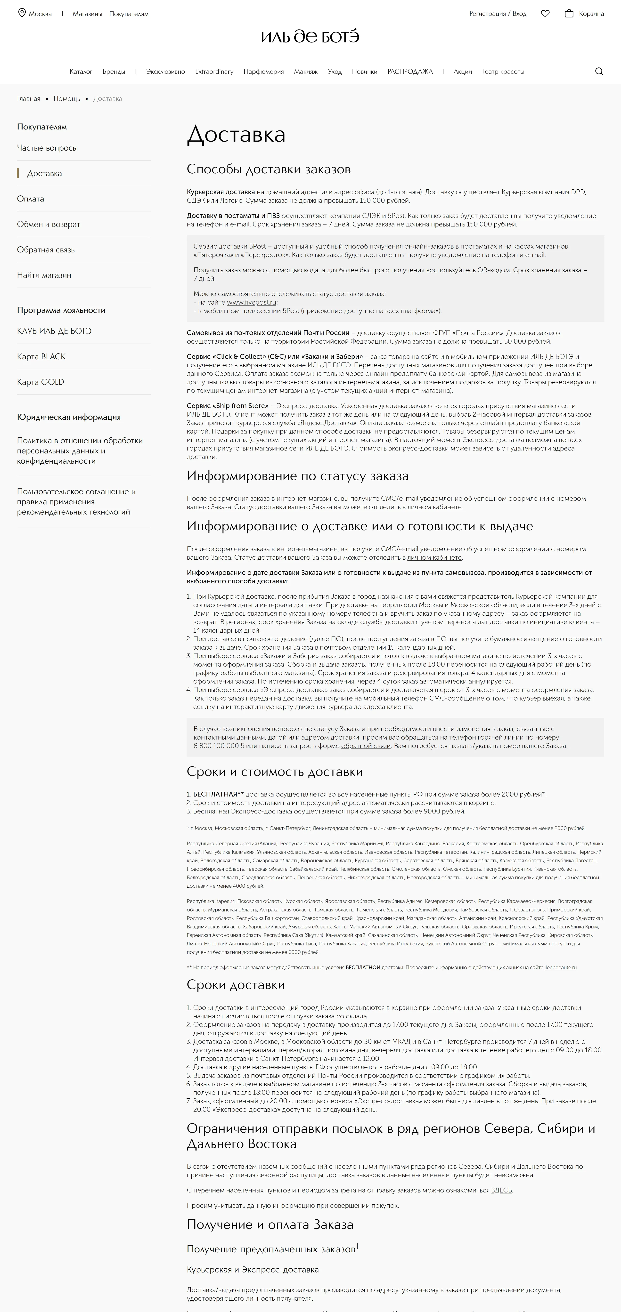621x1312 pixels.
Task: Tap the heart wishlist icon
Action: [545, 14]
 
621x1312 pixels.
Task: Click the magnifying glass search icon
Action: [599, 71]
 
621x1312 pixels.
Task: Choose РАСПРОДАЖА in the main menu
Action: [410, 71]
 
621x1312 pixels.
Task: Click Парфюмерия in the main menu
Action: [263, 71]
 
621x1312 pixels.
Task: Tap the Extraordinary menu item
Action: [214, 71]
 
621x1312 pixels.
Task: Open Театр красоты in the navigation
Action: [503, 71]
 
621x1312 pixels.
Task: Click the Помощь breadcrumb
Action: [67, 99]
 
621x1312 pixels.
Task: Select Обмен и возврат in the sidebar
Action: [49, 224]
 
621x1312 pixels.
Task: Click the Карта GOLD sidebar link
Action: [40, 382]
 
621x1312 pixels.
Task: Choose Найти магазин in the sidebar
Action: [44, 275]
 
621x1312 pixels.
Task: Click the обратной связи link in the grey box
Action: [366, 746]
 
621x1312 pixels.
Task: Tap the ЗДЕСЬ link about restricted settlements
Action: [501, 1190]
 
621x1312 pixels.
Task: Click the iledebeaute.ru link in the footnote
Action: [560, 967]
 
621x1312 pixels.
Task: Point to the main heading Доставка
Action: [236, 135]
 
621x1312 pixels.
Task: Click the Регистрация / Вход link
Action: [498, 14]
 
